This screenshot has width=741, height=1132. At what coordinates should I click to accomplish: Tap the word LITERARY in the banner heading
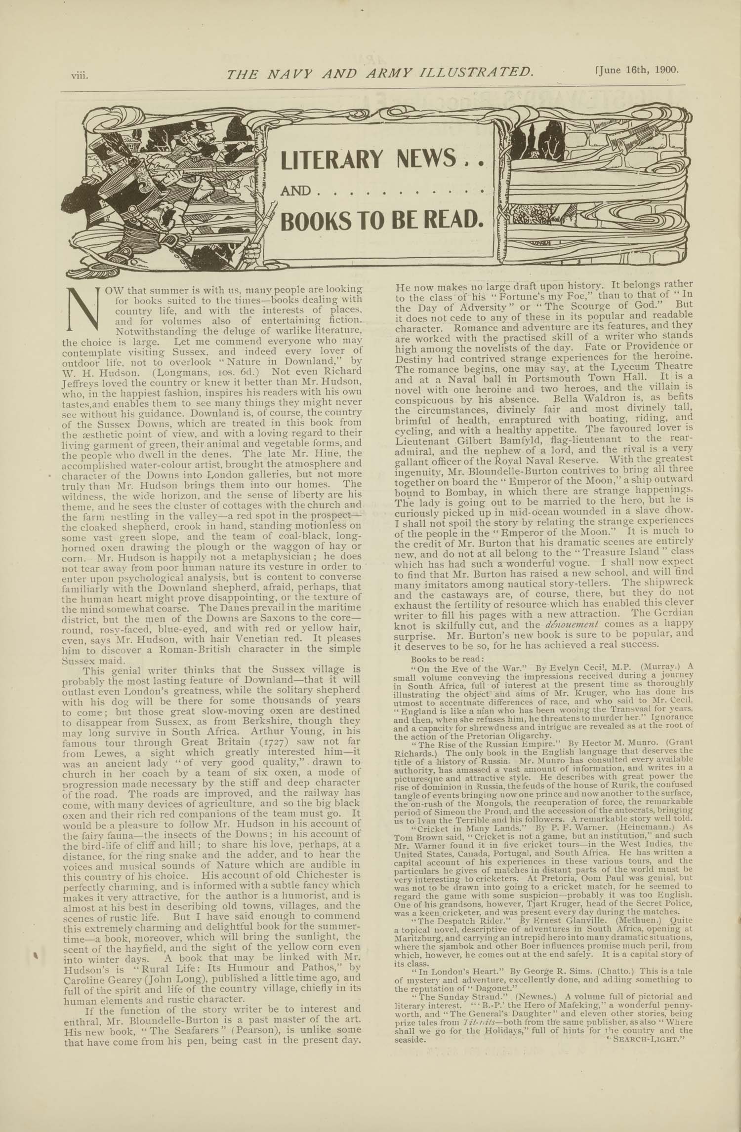[x=331, y=159]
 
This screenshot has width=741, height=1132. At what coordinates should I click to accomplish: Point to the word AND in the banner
[x=295, y=191]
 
